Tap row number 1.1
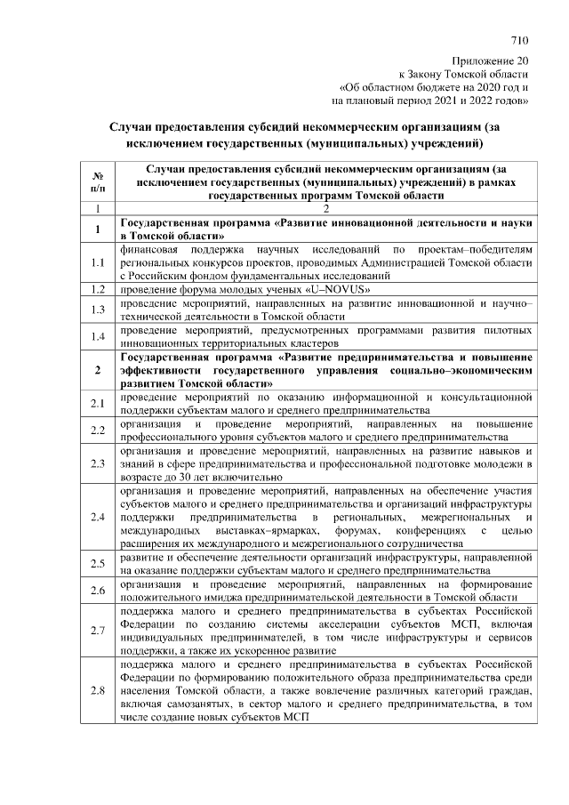[x=98, y=263]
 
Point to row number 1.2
[x=98, y=290]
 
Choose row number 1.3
[x=98, y=310]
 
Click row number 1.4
[x=98, y=336]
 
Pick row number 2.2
[x=98, y=431]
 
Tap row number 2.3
[x=98, y=463]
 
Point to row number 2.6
[x=98, y=591]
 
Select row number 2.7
[x=98, y=631]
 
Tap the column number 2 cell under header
[x=325, y=208]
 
